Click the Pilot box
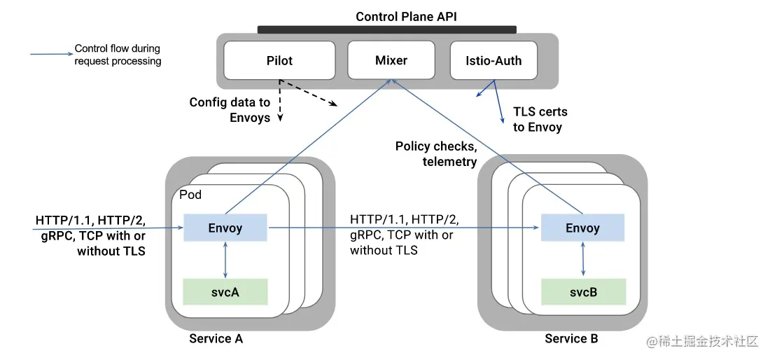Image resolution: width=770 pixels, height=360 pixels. pos(279,60)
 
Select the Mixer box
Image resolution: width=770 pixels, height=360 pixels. pos(391,60)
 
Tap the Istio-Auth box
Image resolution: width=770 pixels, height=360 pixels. pos(493,60)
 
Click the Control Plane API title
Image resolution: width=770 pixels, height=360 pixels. pos(406,16)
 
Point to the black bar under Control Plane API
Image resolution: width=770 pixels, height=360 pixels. pos(387,29)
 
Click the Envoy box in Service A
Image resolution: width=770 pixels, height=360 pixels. pos(225,228)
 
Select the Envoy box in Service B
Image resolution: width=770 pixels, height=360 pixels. pos(582,228)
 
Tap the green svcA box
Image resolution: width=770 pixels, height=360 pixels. pos(225,292)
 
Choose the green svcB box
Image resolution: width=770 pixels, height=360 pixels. pos(583,292)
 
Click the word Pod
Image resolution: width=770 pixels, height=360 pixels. pos(190,195)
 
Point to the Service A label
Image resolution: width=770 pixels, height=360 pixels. pos(216,338)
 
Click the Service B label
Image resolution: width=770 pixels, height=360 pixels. pos(572,338)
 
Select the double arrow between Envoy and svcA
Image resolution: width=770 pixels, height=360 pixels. pos(225,260)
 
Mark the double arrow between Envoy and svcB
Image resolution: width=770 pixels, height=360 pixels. pos(583,260)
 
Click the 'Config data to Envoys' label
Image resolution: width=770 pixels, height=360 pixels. pos(230,109)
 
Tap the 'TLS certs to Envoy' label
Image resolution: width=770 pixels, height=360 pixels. pos(540,119)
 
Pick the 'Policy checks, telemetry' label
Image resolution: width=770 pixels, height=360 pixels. pos(436,153)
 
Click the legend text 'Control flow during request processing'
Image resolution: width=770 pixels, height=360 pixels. pos(118,55)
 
